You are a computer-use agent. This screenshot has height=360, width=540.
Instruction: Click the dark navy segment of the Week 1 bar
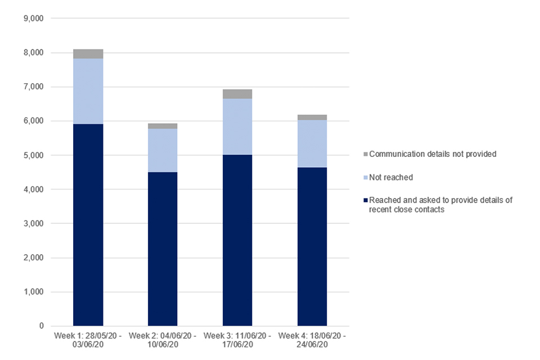coord(88,225)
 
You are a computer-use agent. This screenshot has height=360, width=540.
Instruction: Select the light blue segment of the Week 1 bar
coord(88,91)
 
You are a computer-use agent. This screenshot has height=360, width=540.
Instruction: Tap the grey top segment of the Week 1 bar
coord(88,54)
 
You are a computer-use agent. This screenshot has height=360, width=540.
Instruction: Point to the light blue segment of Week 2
coord(163,150)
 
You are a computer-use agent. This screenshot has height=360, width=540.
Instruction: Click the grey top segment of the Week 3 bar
coord(237,94)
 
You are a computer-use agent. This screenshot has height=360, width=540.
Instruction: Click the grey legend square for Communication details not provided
coord(366,154)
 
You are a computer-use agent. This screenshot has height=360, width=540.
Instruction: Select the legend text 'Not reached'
coord(391,177)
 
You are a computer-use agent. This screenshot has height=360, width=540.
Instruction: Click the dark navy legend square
coord(366,200)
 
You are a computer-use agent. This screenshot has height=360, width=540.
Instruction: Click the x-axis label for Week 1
coord(88,340)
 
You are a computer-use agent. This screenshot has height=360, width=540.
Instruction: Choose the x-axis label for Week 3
coord(237,340)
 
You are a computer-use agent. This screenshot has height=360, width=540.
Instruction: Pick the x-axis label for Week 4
coord(312,340)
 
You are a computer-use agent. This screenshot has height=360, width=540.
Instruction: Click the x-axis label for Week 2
coord(163,340)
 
